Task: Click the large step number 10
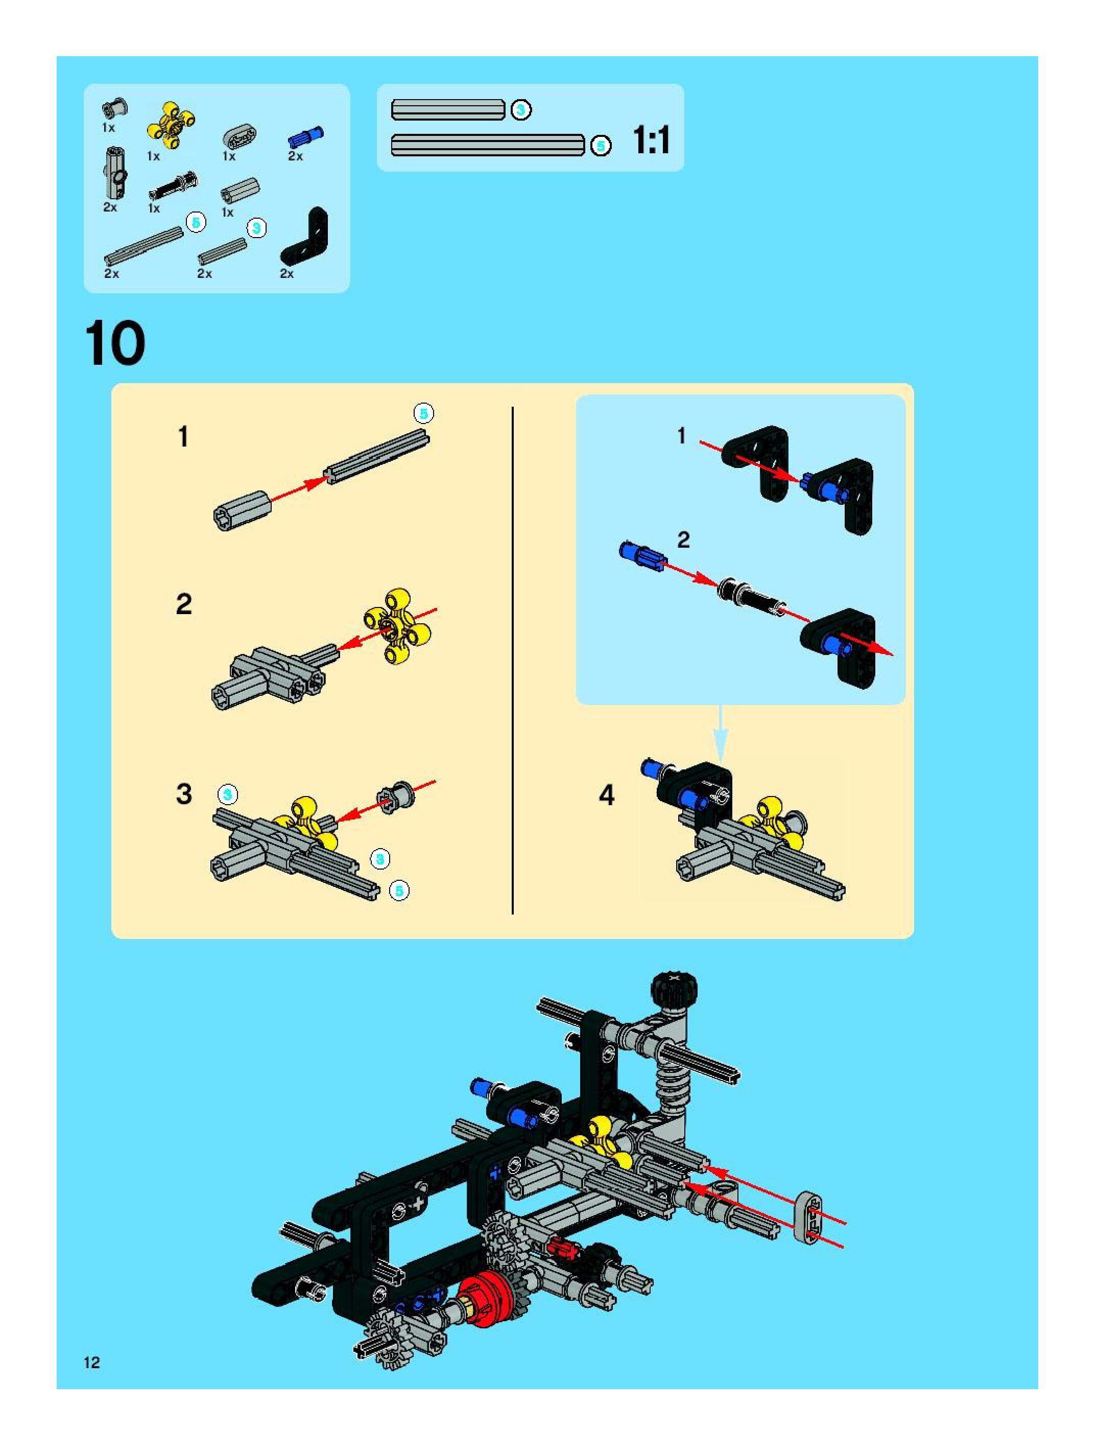click(x=115, y=344)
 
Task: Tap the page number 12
click(x=92, y=1362)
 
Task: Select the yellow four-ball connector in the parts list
click(x=171, y=125)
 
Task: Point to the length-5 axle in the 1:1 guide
click(x=488, y=145)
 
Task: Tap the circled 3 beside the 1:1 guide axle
click(x=521, y=110)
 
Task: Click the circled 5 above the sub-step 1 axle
click(x=423, y=413)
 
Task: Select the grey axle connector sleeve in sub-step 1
click(x=242, y=510)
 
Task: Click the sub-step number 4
click(x=607, y=795)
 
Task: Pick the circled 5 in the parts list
click(x=196, y=223)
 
